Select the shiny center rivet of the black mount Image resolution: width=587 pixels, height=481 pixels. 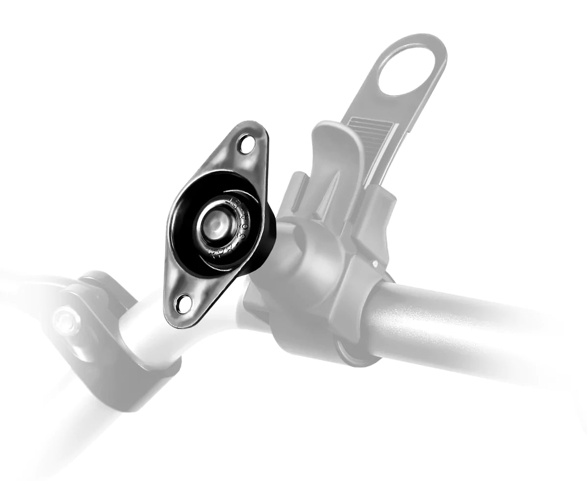pyautogui.click(x=216, y=225)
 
